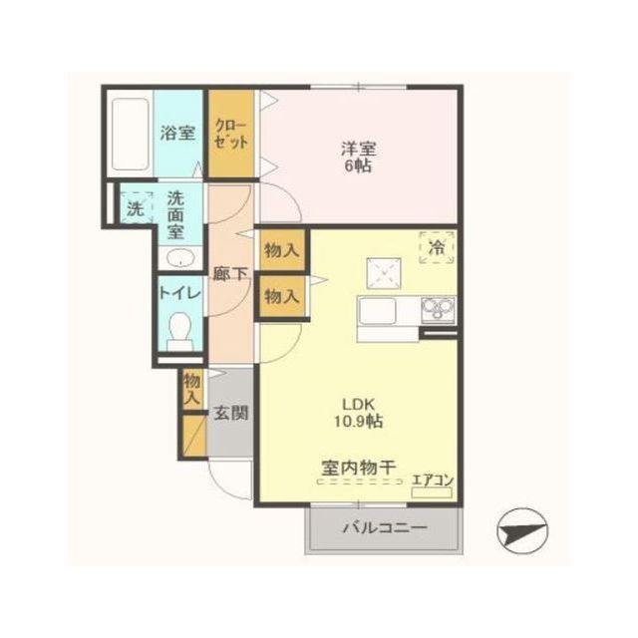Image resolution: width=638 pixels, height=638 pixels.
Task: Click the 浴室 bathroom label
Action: [177, 133]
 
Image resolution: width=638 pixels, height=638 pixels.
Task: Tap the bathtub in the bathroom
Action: [130, 134]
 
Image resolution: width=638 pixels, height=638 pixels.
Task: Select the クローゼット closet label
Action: [230, 134]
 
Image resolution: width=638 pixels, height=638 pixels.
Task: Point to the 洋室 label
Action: [359, 149]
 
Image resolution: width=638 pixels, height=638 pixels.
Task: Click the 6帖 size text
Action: [359, 166]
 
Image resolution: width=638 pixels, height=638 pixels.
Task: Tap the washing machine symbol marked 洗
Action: [136, 208]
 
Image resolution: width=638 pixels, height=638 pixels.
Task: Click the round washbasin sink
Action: [180, 258]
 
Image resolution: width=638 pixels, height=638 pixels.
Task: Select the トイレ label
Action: [179, 293]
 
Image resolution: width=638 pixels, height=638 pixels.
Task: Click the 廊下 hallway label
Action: [230, 274]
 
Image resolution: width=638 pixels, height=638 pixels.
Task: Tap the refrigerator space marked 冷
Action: [437, 247]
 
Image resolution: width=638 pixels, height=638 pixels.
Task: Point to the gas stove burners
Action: [439, 308]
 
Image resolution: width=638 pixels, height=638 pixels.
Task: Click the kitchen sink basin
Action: [378, 310]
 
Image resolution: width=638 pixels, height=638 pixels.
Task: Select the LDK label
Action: [358, 404]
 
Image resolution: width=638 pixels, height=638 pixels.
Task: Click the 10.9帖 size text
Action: [359, 421]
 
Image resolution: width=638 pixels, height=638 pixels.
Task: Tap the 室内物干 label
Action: [359, 468]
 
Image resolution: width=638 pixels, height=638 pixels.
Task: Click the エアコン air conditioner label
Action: [433, 480]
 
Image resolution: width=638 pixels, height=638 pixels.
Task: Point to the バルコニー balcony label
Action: [385, 528]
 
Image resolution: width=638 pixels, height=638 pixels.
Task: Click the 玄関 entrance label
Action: [230, 414]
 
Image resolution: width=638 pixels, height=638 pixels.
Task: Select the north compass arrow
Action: [522, 531]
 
